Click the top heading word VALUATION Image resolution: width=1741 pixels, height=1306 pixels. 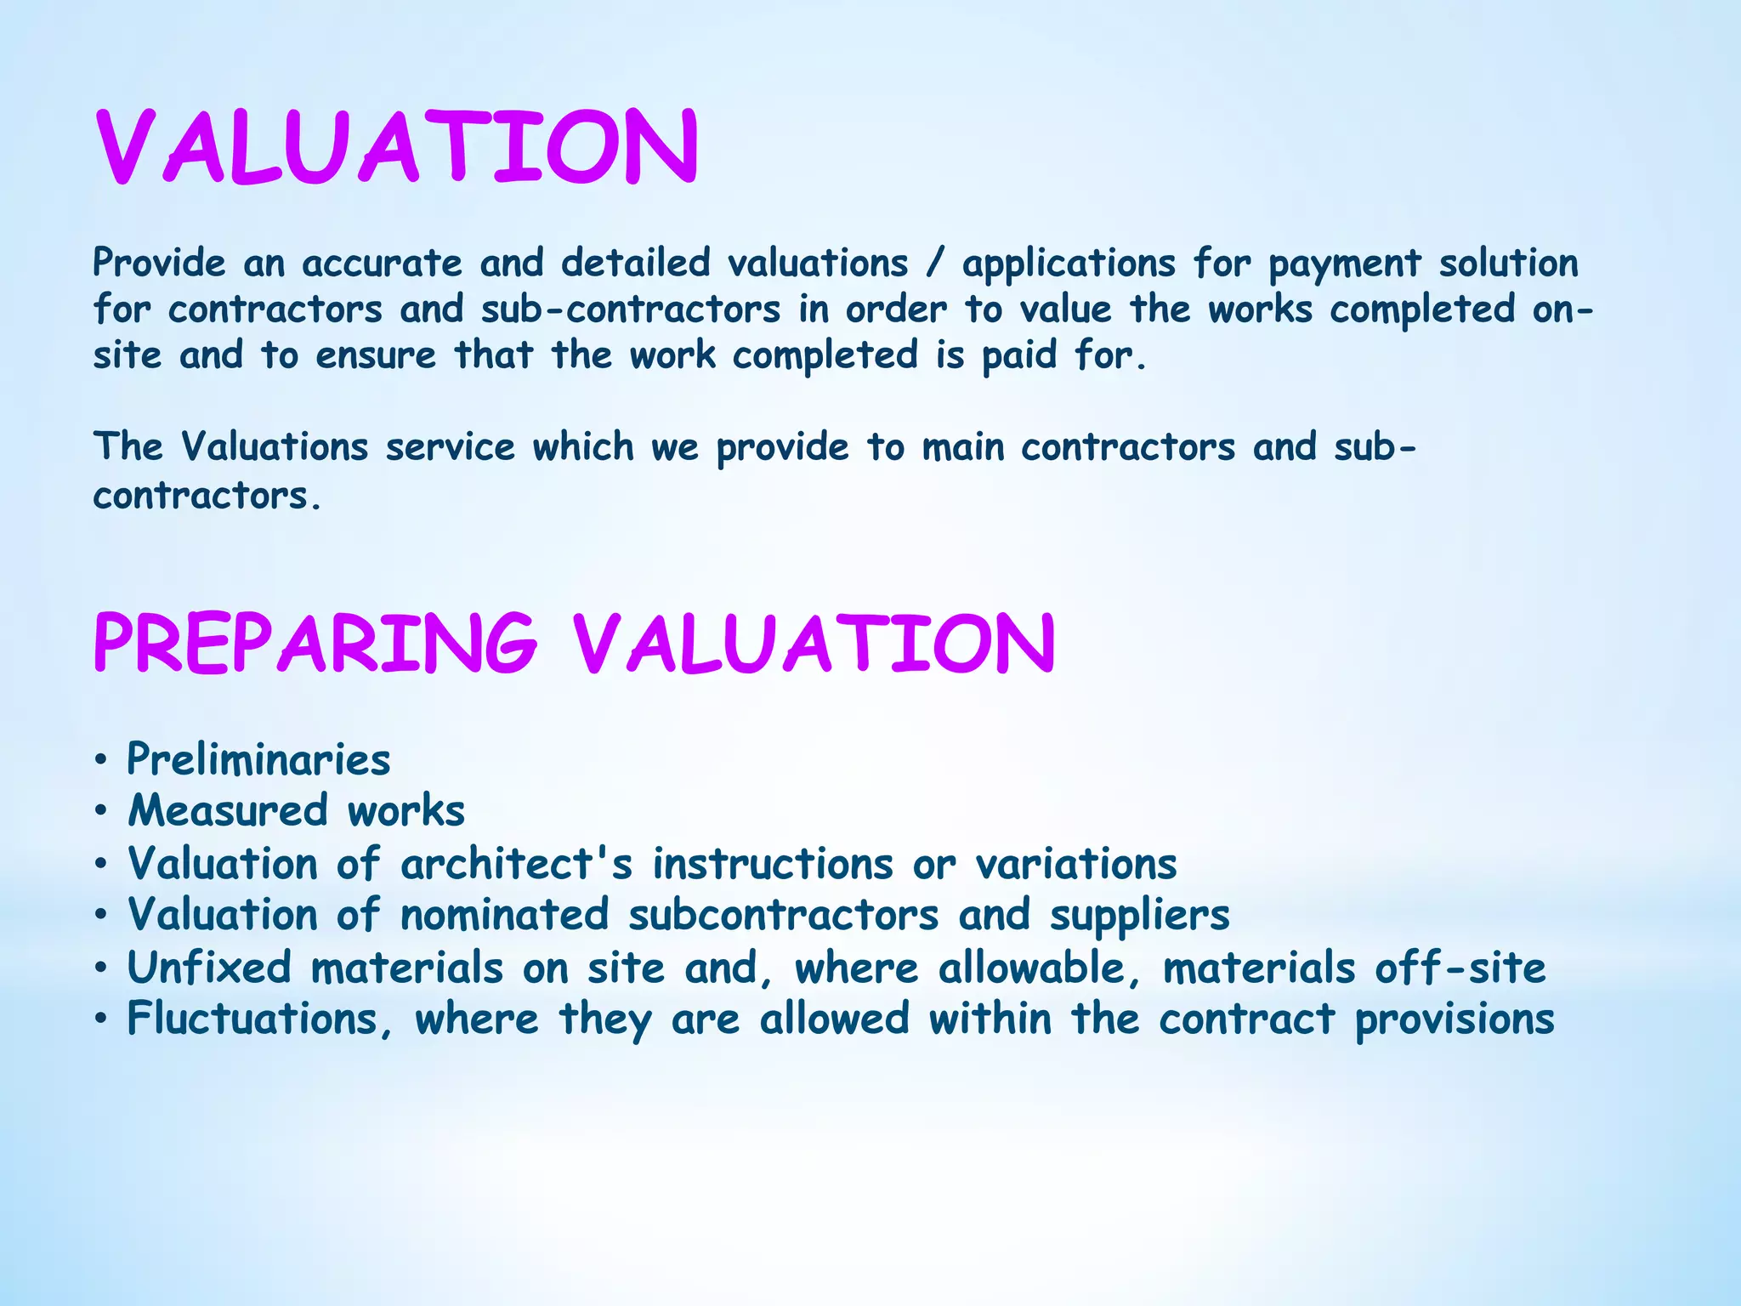(397, 146)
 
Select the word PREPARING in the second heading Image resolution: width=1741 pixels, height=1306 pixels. (315, 643)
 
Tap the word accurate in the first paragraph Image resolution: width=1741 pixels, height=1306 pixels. (382, 263)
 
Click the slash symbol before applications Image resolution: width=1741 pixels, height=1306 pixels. (935, 263)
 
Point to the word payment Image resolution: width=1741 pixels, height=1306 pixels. (1345, 264)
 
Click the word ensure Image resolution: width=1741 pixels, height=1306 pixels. (376, 355)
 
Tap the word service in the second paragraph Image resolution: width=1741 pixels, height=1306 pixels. (451, 447)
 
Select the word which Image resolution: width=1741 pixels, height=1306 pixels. (583, 447)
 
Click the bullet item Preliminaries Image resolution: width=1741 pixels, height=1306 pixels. (258, 759)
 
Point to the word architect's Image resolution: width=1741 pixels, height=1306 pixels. (517, 864)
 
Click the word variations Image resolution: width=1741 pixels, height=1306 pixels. (1076, 864)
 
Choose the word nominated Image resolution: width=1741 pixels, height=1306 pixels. (505, 916)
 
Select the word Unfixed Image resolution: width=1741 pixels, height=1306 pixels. (209, 968)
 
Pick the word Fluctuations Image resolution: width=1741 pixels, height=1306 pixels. (253, 1019)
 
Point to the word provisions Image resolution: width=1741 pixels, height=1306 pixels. (1455, 1020)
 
